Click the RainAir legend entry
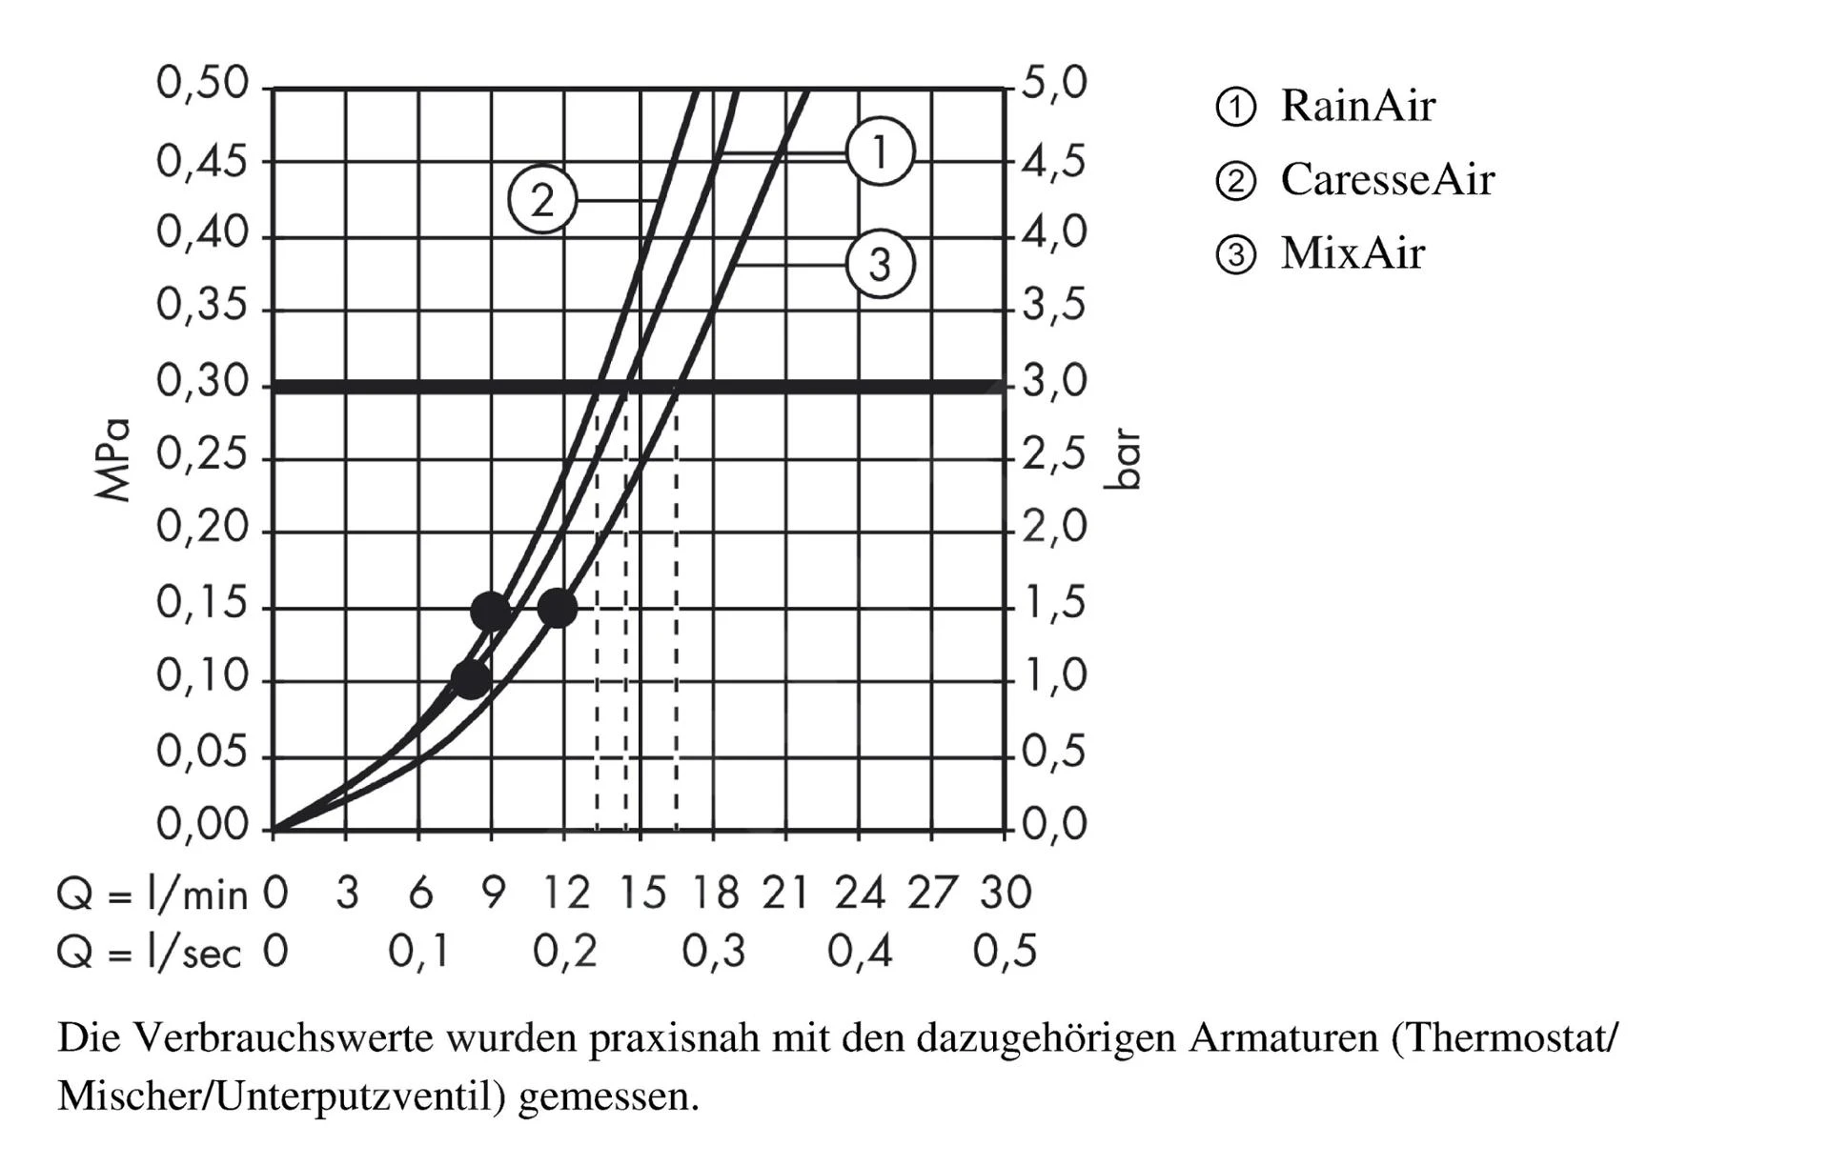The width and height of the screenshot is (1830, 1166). click(1356, 106)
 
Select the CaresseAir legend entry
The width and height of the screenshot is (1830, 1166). click(1386, 179)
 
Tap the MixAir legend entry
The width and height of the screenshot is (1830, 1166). click(1352, 253)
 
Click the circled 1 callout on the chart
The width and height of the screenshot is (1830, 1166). click(880, 151)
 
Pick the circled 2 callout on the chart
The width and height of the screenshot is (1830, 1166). click(542, 200)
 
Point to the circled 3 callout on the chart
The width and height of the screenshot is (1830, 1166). click(880, 264)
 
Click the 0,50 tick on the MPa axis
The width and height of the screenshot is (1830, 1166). click(202, 84)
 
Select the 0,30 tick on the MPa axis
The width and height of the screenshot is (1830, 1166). click(202, 382)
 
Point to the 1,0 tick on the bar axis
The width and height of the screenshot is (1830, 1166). click(1054, 676)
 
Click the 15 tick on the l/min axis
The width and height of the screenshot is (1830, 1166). click(642, 894)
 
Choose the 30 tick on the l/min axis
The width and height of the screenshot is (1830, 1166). click(1006, 894)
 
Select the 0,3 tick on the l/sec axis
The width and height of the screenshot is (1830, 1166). click(713, 952)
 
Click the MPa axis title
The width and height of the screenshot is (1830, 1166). click(112, 460)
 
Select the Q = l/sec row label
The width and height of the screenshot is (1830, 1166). click(149, 952)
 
